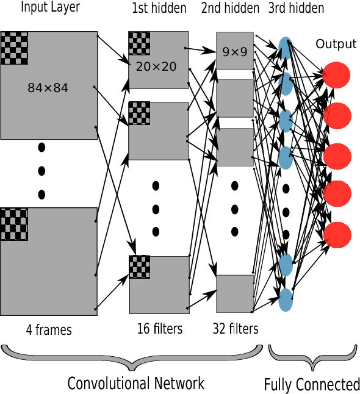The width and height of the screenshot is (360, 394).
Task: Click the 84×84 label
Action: (x=48, y=88)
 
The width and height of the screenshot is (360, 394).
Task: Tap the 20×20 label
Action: (x=156, y=66)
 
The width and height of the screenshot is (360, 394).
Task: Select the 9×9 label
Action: (x=235, y=52)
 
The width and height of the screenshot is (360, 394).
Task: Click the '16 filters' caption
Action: (x=160, y=329)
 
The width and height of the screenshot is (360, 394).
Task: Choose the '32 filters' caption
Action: (x=236, y=329)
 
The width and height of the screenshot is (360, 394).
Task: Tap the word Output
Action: (x=336, y=44)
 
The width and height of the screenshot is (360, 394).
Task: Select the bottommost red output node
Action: (x=337, y=234)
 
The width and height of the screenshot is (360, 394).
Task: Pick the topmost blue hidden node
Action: (x=285, y=48)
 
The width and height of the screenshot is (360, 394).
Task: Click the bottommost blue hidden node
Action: (x=285, y=299)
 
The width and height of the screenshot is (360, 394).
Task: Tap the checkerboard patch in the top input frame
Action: (x=14, y=48)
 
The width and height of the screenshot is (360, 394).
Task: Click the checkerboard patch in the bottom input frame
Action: (x=14, y=224)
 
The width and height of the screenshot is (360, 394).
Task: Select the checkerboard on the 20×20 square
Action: (x=139, y=43)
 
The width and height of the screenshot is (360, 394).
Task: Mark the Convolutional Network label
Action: (x=135, y=383)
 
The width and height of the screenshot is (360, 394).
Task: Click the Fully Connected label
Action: (x=312, y=384)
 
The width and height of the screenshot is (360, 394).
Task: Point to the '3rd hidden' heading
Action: (x=295, y=9)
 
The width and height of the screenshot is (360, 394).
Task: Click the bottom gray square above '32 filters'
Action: (x=235, y=293)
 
